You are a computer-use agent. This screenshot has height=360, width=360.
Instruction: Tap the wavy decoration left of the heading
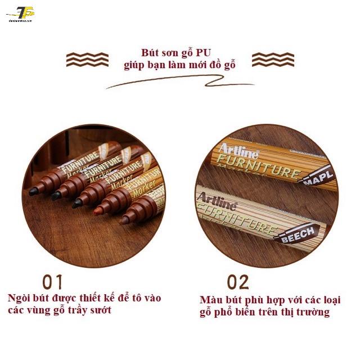[x=87, y=59]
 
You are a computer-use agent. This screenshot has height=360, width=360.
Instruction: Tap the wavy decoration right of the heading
[x=273, y=59]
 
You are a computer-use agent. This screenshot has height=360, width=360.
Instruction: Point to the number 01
[x=53, y=281]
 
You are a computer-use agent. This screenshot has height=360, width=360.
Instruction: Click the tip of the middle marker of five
[x=76, y=205]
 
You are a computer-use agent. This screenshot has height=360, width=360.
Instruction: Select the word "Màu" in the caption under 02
[x=210, y=300]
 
